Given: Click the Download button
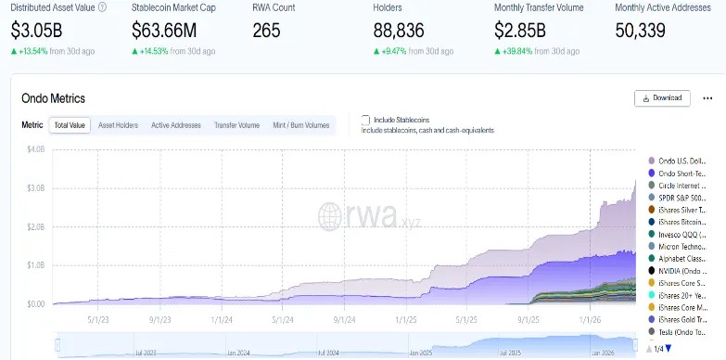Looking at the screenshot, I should [662, 97].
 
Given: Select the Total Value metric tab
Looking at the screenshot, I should [70, 124].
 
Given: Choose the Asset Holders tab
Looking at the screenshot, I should [118, 124].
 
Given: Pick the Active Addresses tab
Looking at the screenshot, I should [176, 124].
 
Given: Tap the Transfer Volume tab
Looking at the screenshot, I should [236, 124].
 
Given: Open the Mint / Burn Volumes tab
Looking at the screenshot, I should [300, 124].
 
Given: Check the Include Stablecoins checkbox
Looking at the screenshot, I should [365, 120].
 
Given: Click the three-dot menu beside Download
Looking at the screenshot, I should [707, 97].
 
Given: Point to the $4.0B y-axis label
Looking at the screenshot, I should [35, 149].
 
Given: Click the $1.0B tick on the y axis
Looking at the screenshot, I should [35, 265].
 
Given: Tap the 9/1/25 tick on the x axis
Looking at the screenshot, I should [529, 318].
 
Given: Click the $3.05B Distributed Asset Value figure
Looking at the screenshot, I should [38, 29].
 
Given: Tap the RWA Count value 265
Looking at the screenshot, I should [266, 29].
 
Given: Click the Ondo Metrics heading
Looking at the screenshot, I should [53, 98].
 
